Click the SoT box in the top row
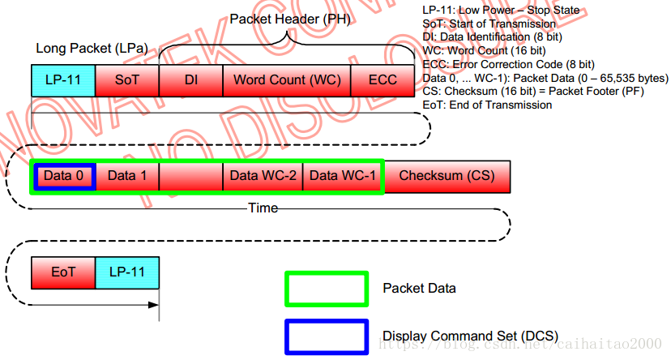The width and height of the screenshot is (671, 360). pos(127,80)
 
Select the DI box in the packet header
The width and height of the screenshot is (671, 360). pos(190,80)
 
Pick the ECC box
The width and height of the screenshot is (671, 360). pos(383,80)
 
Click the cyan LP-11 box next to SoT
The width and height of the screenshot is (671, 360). pos(63,80)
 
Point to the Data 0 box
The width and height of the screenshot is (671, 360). pos(64,176)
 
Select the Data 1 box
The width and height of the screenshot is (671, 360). pos(127,176)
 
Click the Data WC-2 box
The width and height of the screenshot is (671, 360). pos(263,176)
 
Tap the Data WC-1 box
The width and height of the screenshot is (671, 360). pos(343,176)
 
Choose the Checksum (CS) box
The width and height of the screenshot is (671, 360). pos(447,176)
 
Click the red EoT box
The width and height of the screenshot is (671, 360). pos(63,272)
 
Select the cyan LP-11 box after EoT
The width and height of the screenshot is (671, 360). pos(126,272)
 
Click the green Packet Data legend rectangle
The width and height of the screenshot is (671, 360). pos(326,289)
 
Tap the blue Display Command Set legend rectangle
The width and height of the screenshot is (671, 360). pos(326,336)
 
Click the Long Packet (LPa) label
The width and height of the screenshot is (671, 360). pos(92,49)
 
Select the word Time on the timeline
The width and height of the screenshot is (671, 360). pos(263,208)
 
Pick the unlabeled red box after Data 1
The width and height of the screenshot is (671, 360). pos(190,176)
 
